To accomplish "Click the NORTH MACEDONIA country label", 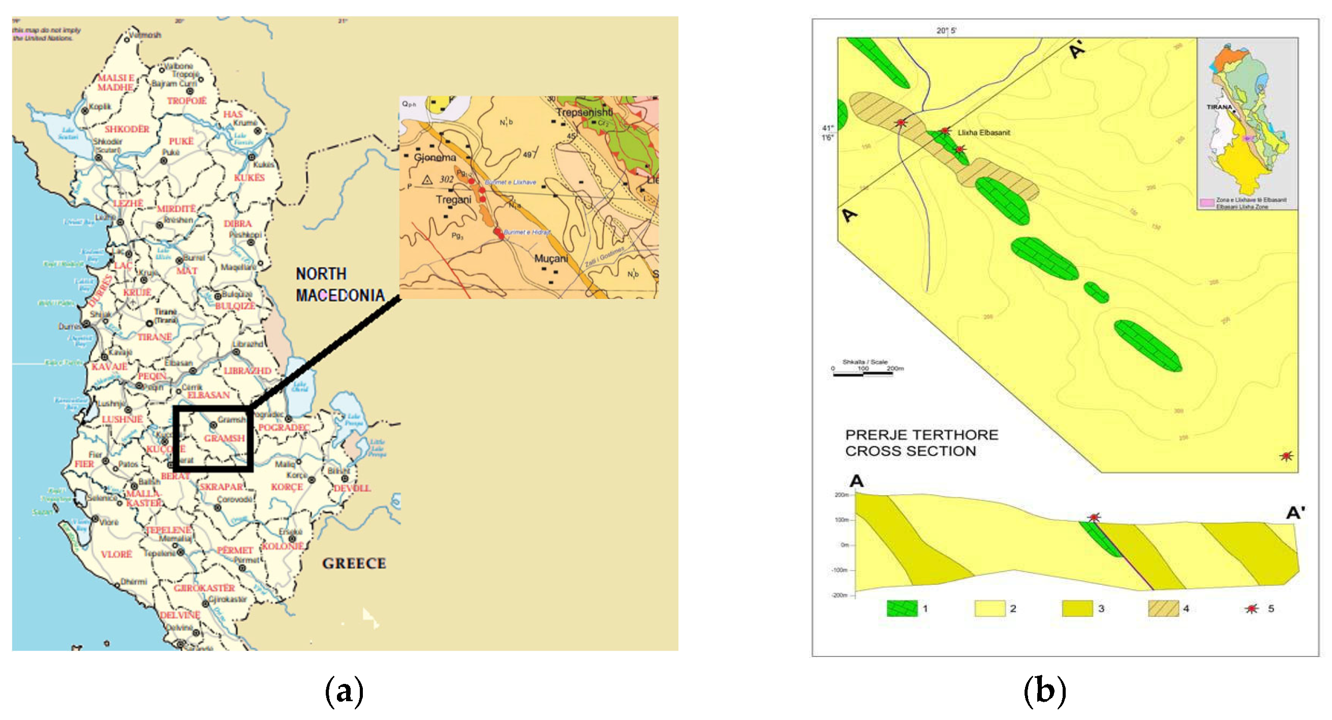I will (340, 284).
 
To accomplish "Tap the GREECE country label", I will (354, 563).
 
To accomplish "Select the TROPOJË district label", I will (187, 101).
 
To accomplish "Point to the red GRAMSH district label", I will (224, 438).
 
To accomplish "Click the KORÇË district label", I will (287, 487).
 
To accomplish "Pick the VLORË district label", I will (116, 554).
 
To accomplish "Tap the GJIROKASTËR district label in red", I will (204, 588).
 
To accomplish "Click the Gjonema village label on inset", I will (435, 157).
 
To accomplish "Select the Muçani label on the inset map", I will (551, 258).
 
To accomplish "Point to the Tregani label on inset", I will (453, 200).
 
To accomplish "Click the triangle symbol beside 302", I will (427, 180).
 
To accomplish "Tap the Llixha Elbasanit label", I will (983, 132).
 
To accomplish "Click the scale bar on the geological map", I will (863, 374).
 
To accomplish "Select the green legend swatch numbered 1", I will (902, 608).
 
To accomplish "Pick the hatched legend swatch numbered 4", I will (1163, 608).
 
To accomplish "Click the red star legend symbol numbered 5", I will (1251, 609).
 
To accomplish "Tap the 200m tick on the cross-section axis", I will (843, 495).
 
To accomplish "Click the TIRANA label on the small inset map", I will (1219, 107).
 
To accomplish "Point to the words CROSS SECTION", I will (911, 451).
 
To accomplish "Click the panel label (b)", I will (1044, 692).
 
